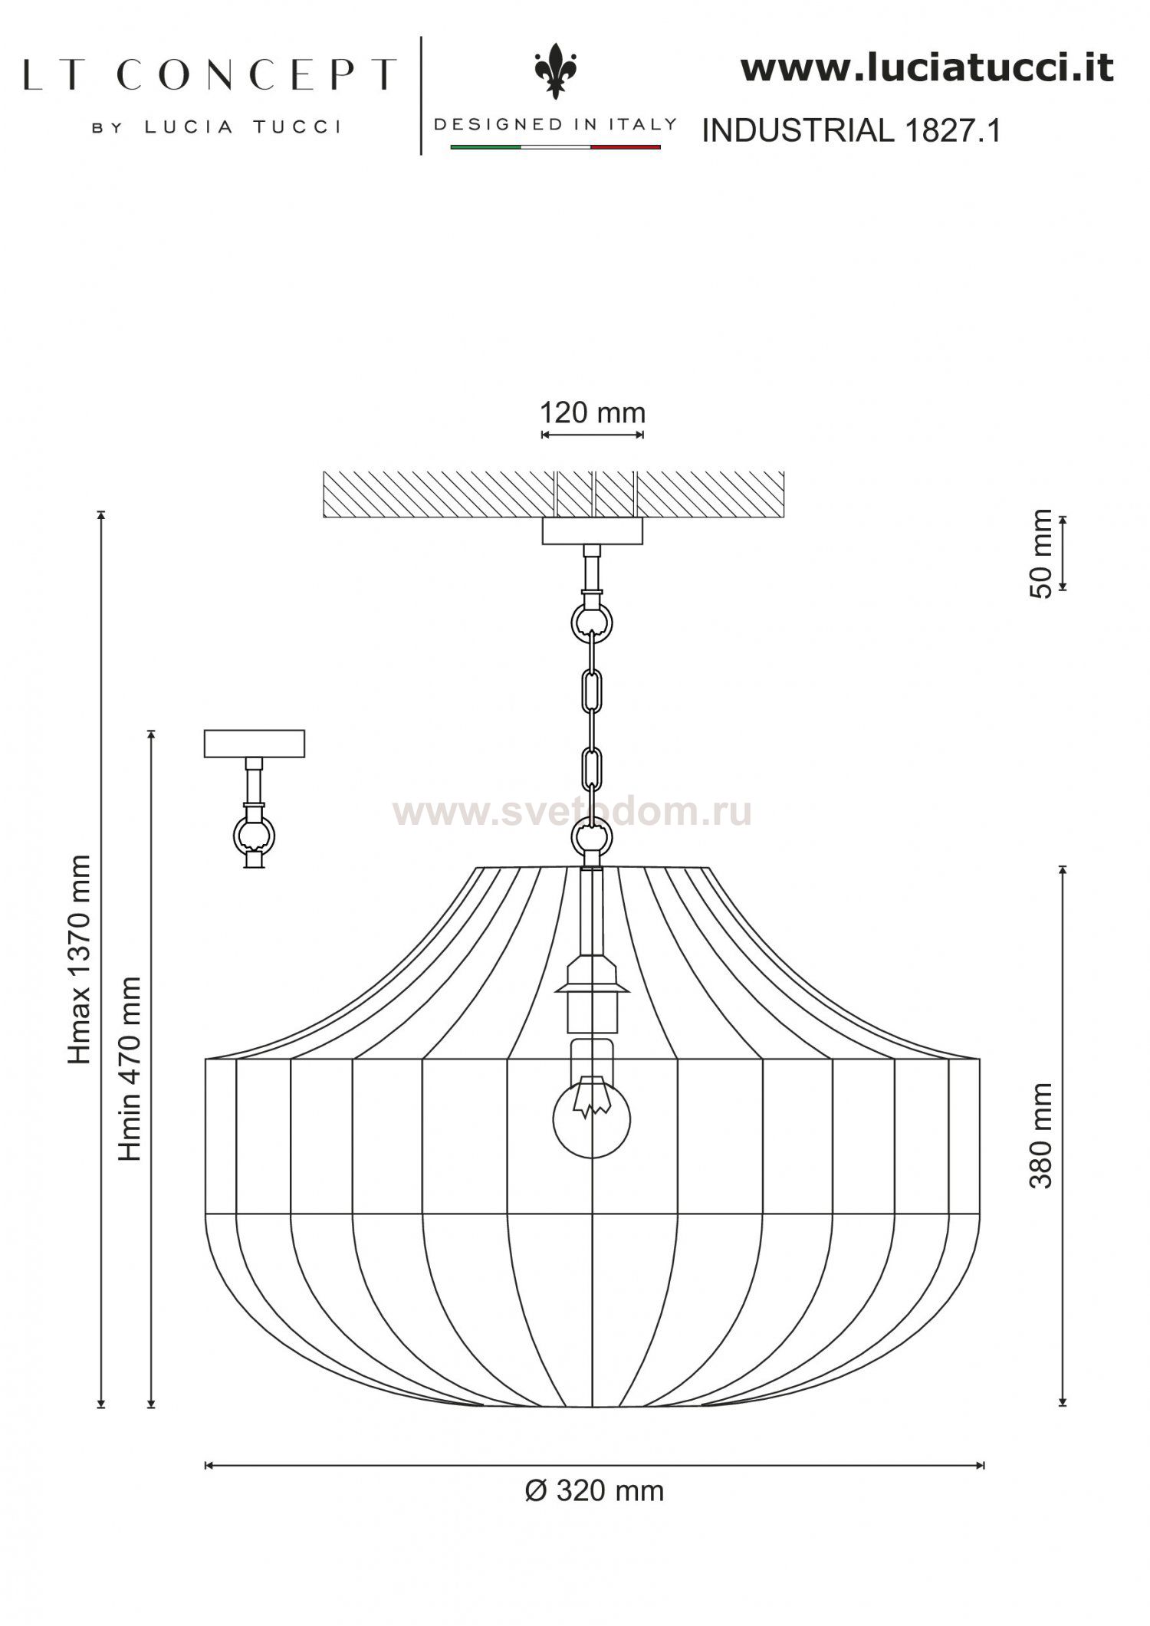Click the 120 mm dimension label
(593, 413)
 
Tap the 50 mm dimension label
(1042, 553)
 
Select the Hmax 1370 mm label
(80, 959)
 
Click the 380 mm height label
(1040, 1135)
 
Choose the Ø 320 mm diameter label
(594, 1491)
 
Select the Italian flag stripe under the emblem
(555, 146)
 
